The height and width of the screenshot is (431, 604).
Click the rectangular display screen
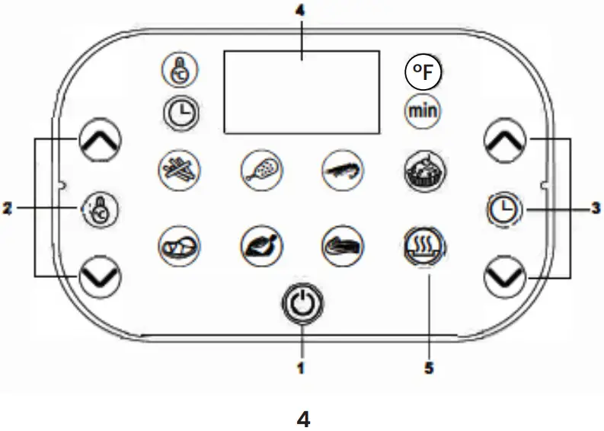pos(301,92)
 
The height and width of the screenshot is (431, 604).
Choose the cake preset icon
pos(422,168)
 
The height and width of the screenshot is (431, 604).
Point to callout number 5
pos(429,368)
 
